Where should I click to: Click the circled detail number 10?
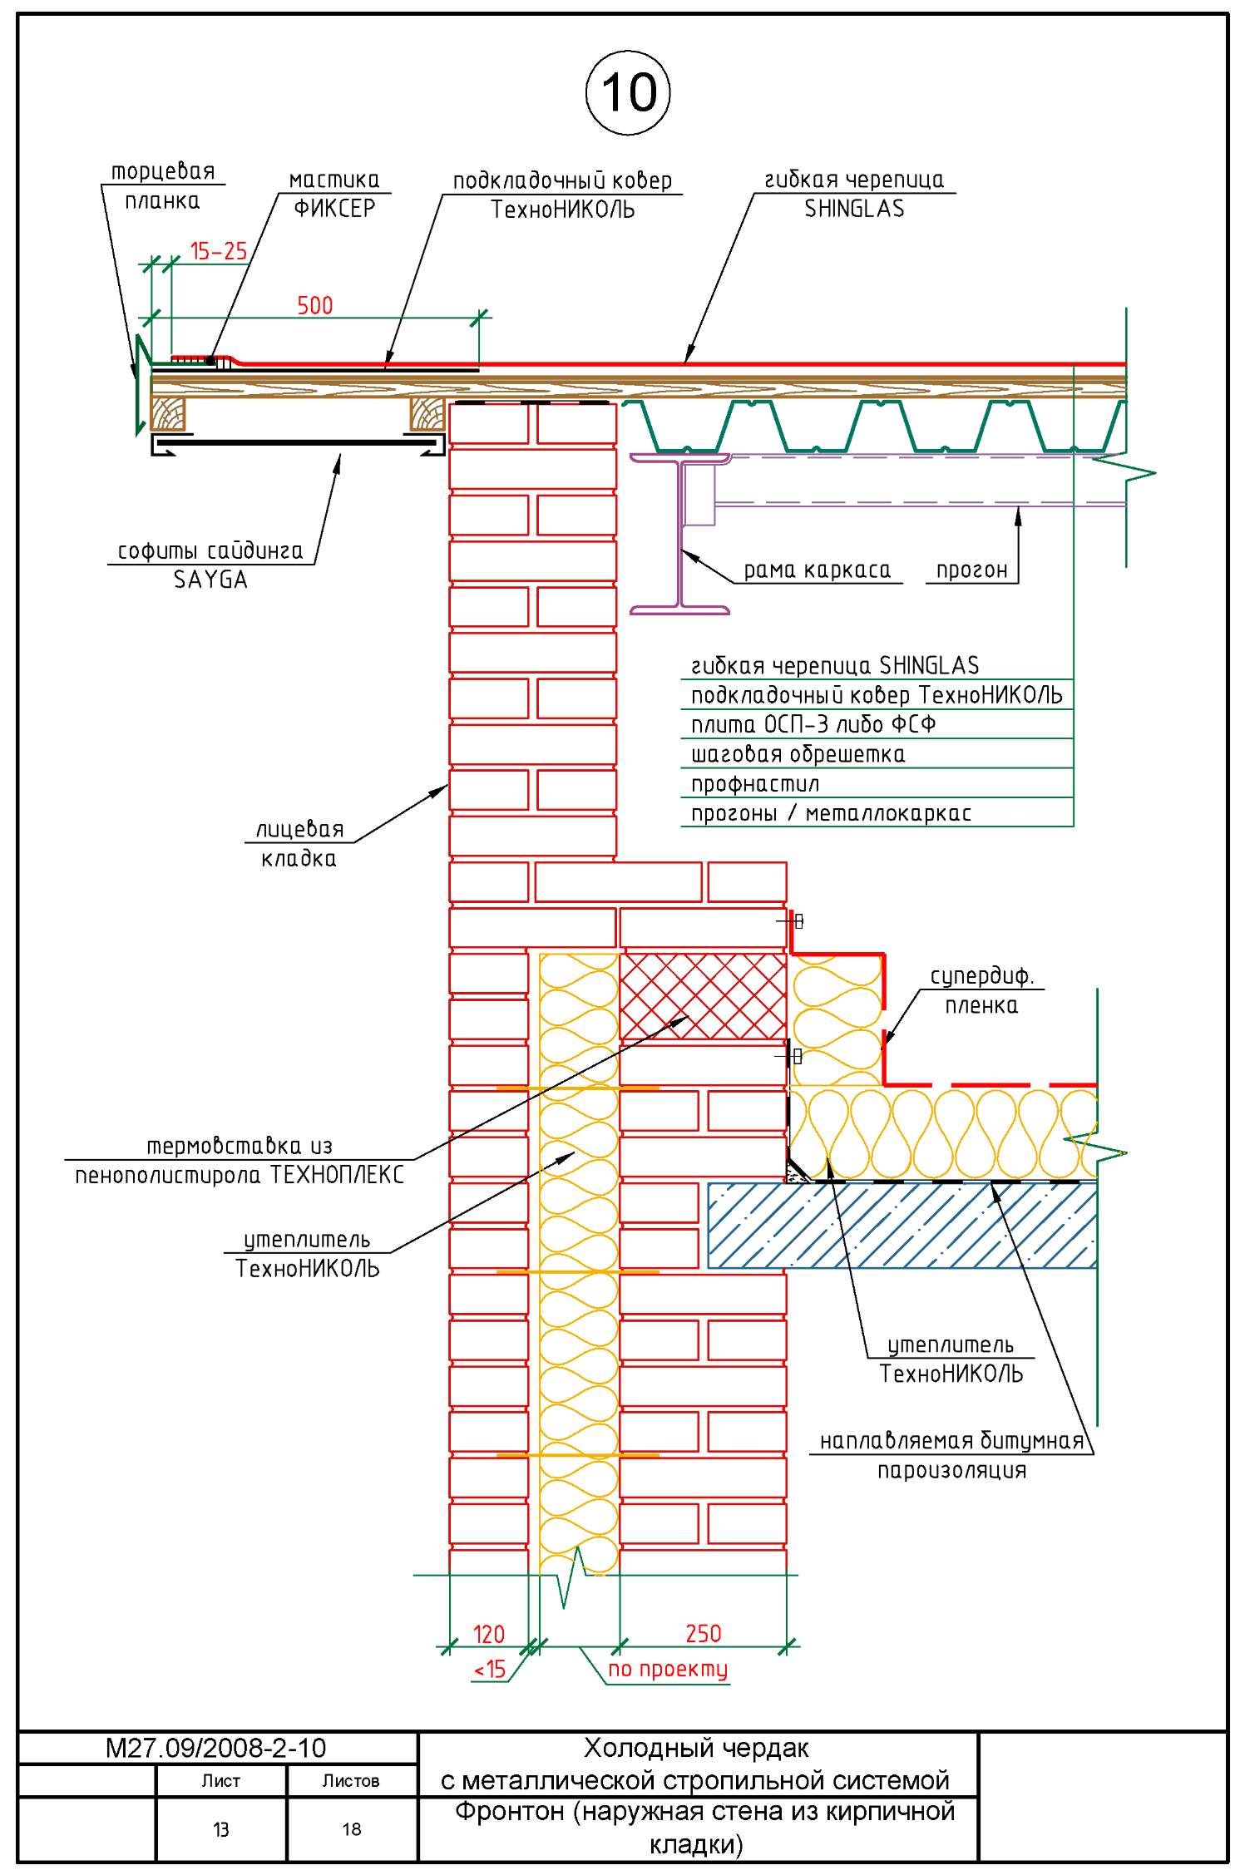(x=628, y=92)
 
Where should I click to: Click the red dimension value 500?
(x=315, y=306)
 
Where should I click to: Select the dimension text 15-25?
(x=219, y=250)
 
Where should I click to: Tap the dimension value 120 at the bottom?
(x=488, y=1635)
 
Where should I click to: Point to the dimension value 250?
(x=703, y=1634)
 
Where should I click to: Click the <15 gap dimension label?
(x=490, y=1669)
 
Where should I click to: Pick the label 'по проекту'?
(x=668, y=1669)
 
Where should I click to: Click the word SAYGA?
(x=210, y=580)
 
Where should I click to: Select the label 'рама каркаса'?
(x=817, y=570)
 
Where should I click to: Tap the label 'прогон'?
(x=971, y=570)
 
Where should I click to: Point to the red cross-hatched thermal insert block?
(x=703, y=995)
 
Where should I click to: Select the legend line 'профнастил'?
(x=755, y=784)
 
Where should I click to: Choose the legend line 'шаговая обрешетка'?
(x=798, y=755)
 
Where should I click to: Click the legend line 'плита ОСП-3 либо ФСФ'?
(x=813, y=725)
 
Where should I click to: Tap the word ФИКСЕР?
(x=334, y=208)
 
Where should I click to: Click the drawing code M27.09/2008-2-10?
(x=215, y=1747)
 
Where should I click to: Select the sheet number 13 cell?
(x=220, y=1829)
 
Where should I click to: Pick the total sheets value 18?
(x=352, y=1828)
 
